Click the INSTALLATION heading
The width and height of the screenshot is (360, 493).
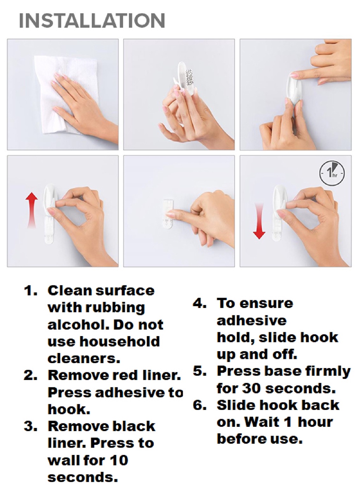coord(92,21)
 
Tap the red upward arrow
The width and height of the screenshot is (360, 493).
coord(32,209)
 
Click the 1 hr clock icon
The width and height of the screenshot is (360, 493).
coord(332,173)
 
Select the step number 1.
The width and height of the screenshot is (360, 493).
coord(31,291)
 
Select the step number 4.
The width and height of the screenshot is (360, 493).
coord(199,303)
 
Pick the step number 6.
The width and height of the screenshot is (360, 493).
coord(199,405)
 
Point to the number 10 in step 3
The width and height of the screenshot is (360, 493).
coord(118,460)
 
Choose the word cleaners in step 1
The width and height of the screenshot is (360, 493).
coord(84,359)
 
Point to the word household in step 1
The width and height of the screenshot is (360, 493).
coord(120,341)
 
